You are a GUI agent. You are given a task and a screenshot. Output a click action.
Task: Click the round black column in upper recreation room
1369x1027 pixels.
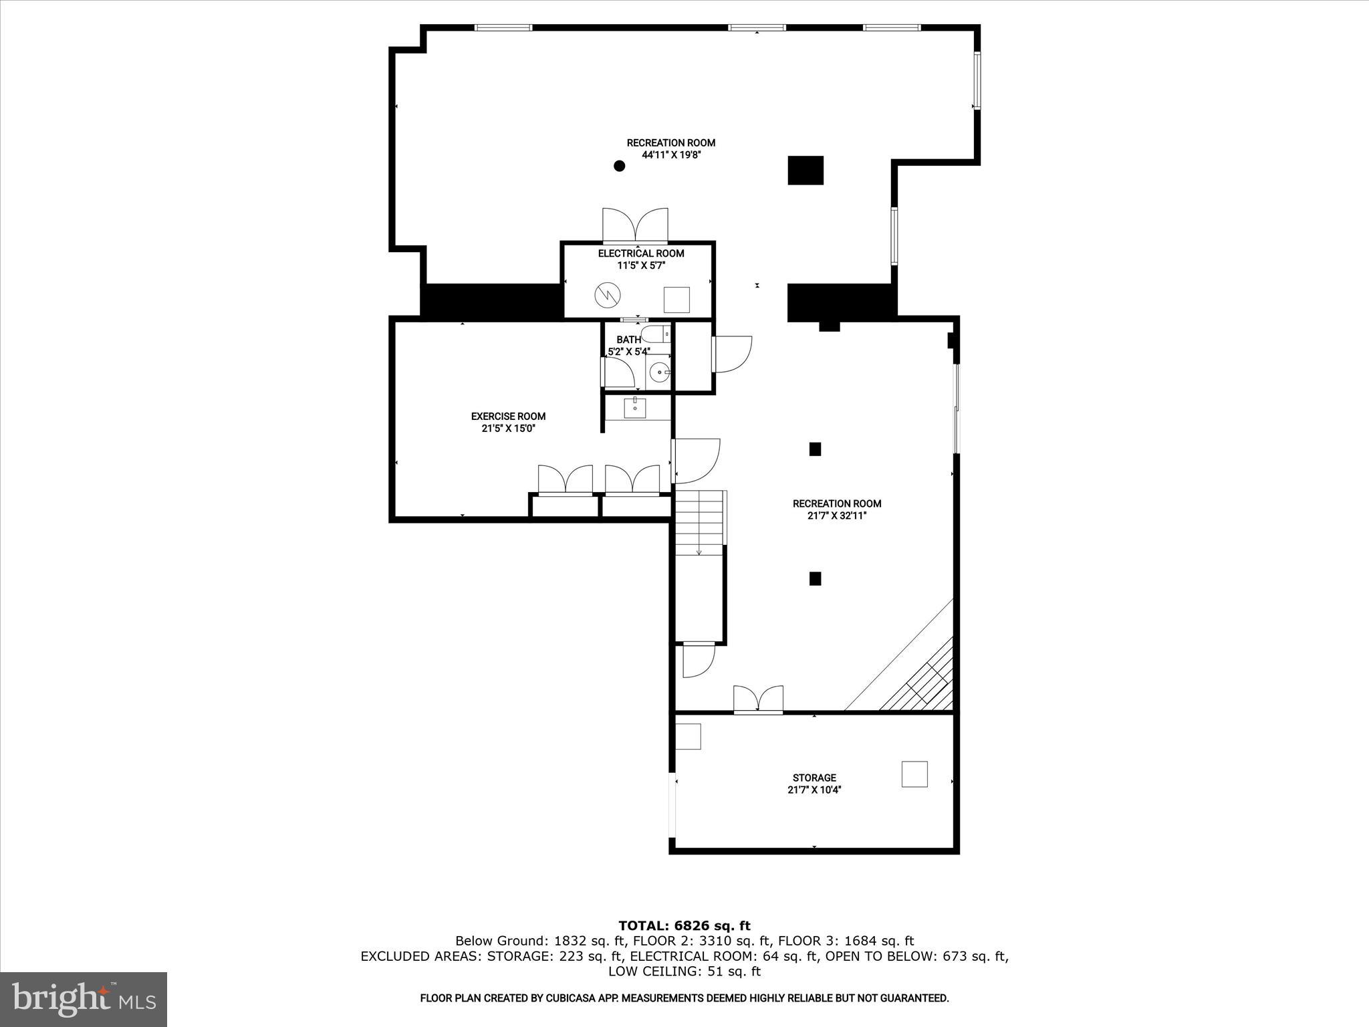click(620, 166)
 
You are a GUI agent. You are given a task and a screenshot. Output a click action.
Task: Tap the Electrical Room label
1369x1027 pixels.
click(640, 253)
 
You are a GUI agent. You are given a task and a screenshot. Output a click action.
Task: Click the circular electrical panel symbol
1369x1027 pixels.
click(608, 294)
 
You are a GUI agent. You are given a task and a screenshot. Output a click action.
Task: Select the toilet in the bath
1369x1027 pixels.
click(656, 333)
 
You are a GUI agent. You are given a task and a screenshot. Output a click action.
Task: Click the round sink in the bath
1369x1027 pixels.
click(660, 370)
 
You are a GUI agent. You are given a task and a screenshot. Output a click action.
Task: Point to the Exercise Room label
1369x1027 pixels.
click(508, 416)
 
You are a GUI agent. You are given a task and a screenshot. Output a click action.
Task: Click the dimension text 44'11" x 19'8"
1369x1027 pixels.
click(670, 154)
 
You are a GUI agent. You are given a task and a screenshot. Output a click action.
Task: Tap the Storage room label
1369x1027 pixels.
click(814, 778)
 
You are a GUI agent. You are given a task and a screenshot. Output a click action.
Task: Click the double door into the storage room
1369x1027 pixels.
click(758, 699)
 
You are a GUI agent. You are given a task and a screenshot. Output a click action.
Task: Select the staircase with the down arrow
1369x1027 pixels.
click(699, 523)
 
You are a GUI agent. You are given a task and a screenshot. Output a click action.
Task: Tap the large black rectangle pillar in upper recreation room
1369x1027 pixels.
click(805, 170)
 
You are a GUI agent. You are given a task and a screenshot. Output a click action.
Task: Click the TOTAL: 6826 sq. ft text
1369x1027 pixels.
click(684, 926)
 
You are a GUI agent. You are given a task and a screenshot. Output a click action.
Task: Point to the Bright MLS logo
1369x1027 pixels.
click(84, 999)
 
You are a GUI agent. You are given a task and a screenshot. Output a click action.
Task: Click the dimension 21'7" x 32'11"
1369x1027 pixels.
click(837, 516)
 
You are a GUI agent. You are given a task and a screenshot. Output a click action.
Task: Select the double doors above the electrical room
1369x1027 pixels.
click(635, 226)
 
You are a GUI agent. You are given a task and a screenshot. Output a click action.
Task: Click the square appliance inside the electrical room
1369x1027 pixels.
click(676, 300)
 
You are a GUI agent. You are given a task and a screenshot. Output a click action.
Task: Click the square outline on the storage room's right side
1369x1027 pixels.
click(914, 774)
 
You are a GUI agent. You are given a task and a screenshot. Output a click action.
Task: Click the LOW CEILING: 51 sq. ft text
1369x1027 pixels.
click(684, 972)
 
